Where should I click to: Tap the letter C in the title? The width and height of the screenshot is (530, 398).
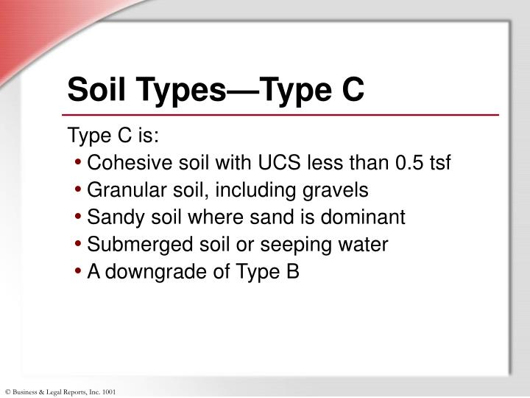pyautogui.click(x=351, y=90)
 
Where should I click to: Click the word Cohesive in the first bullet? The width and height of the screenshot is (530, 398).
pyautogui.click(x=122, y=163)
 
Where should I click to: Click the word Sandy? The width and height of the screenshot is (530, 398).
pyautogui.click(x=109, y=217)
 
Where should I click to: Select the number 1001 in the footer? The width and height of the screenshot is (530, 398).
pyautogui.click(x=108, y=391)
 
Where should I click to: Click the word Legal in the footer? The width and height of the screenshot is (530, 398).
pyautogui.click(x=54, y=391)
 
